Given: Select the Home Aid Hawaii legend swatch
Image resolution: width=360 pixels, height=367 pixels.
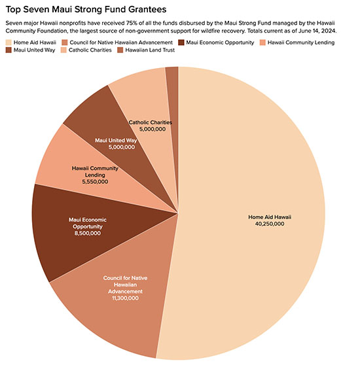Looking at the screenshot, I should tap(9, 43).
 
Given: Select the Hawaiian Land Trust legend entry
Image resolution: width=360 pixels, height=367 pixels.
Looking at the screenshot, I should tap(150, 51).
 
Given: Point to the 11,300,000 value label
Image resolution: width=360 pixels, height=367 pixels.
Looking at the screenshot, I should tap(120, 298).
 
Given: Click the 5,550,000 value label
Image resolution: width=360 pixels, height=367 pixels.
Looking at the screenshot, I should tap(95, 183).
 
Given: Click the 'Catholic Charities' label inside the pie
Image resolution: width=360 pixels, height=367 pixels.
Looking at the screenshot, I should tap(150, 122).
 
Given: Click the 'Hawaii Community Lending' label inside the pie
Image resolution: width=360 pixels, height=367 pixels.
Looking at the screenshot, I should tap(95, 171).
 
